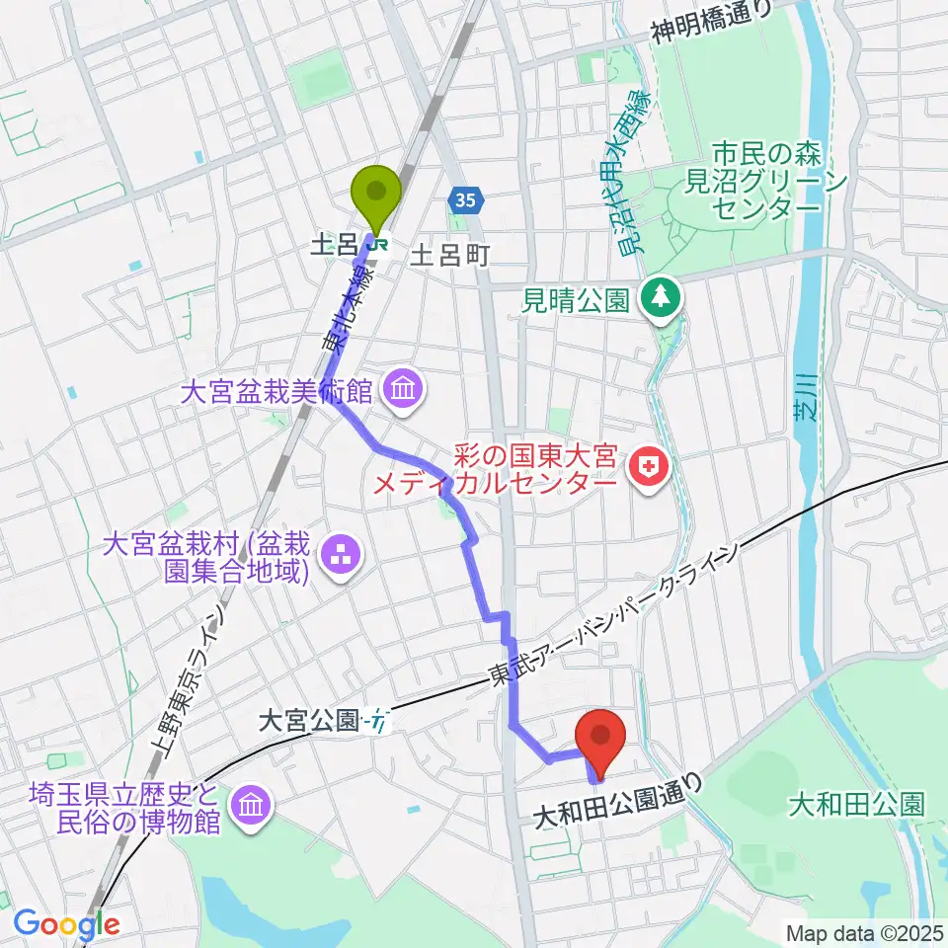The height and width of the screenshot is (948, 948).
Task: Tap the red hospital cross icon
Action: point(649,469)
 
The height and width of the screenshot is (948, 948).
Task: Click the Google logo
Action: point(66,924)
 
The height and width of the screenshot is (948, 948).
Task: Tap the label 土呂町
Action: point(449,256)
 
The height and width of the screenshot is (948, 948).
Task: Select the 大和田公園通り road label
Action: point(621,801)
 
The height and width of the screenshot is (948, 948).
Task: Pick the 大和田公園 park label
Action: point(856,805)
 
